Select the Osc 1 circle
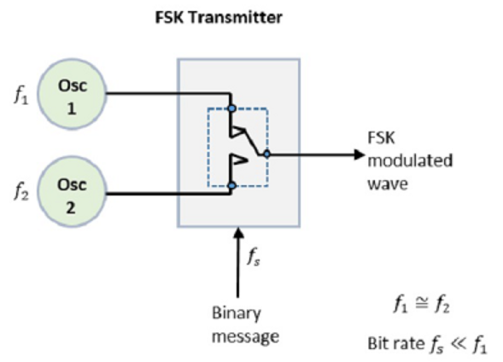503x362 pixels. pyautogui.click(x=73, y=92)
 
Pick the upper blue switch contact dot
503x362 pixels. pyautogui.click(x=232, y=109)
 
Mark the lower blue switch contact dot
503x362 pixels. pyautogui.click(x=232, y=185)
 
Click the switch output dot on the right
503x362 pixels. pyautogui.click(x=267, y=155)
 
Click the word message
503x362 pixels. pyautogui.click(x=246, y=336)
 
